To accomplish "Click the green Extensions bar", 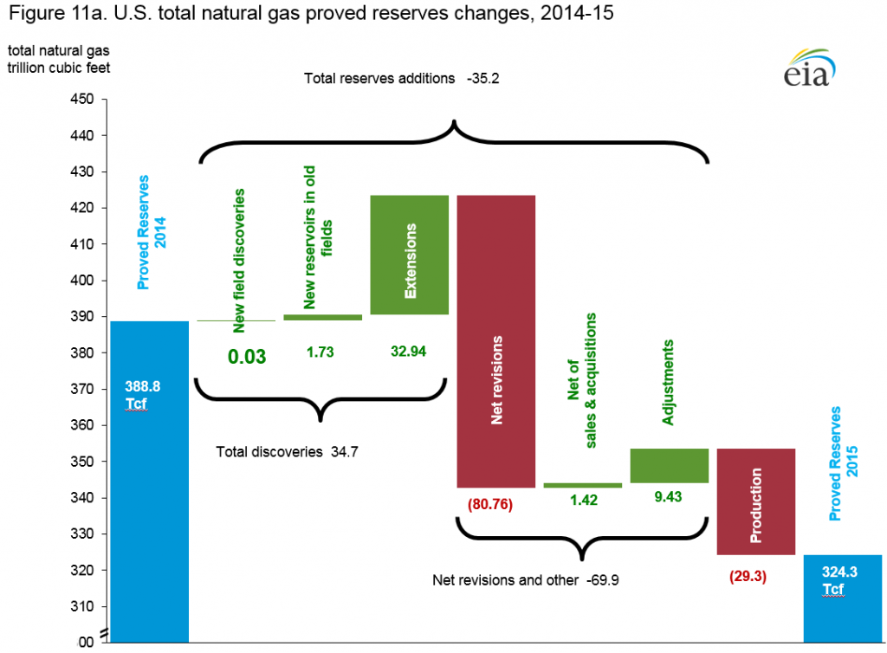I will [409, 255].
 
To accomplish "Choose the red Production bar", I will [755, 501].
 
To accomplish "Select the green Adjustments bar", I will [669, 466].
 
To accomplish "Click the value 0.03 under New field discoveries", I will [246, 356].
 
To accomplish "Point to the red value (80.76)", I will [490, 504].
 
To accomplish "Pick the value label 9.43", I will [667, 501].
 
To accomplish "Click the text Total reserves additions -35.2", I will [402, 78].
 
